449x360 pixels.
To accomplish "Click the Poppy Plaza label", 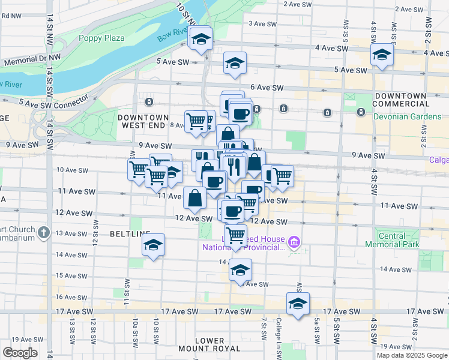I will (101, 38).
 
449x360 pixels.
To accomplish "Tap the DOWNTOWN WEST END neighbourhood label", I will (143, 121).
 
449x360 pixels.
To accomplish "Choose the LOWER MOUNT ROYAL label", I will (209, 345).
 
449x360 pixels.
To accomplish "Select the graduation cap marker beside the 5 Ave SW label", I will (235, 63).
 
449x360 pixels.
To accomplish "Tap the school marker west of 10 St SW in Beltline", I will (154, 245).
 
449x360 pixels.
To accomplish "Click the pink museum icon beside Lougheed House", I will (294, 242).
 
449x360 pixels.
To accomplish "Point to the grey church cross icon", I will (44, 232).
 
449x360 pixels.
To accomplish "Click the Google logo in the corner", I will (20, 353).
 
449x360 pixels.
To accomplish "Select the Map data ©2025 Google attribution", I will (412, 355).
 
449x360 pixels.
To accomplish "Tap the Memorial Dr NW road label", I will (32, 61).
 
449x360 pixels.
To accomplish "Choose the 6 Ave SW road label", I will (267, 88).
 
